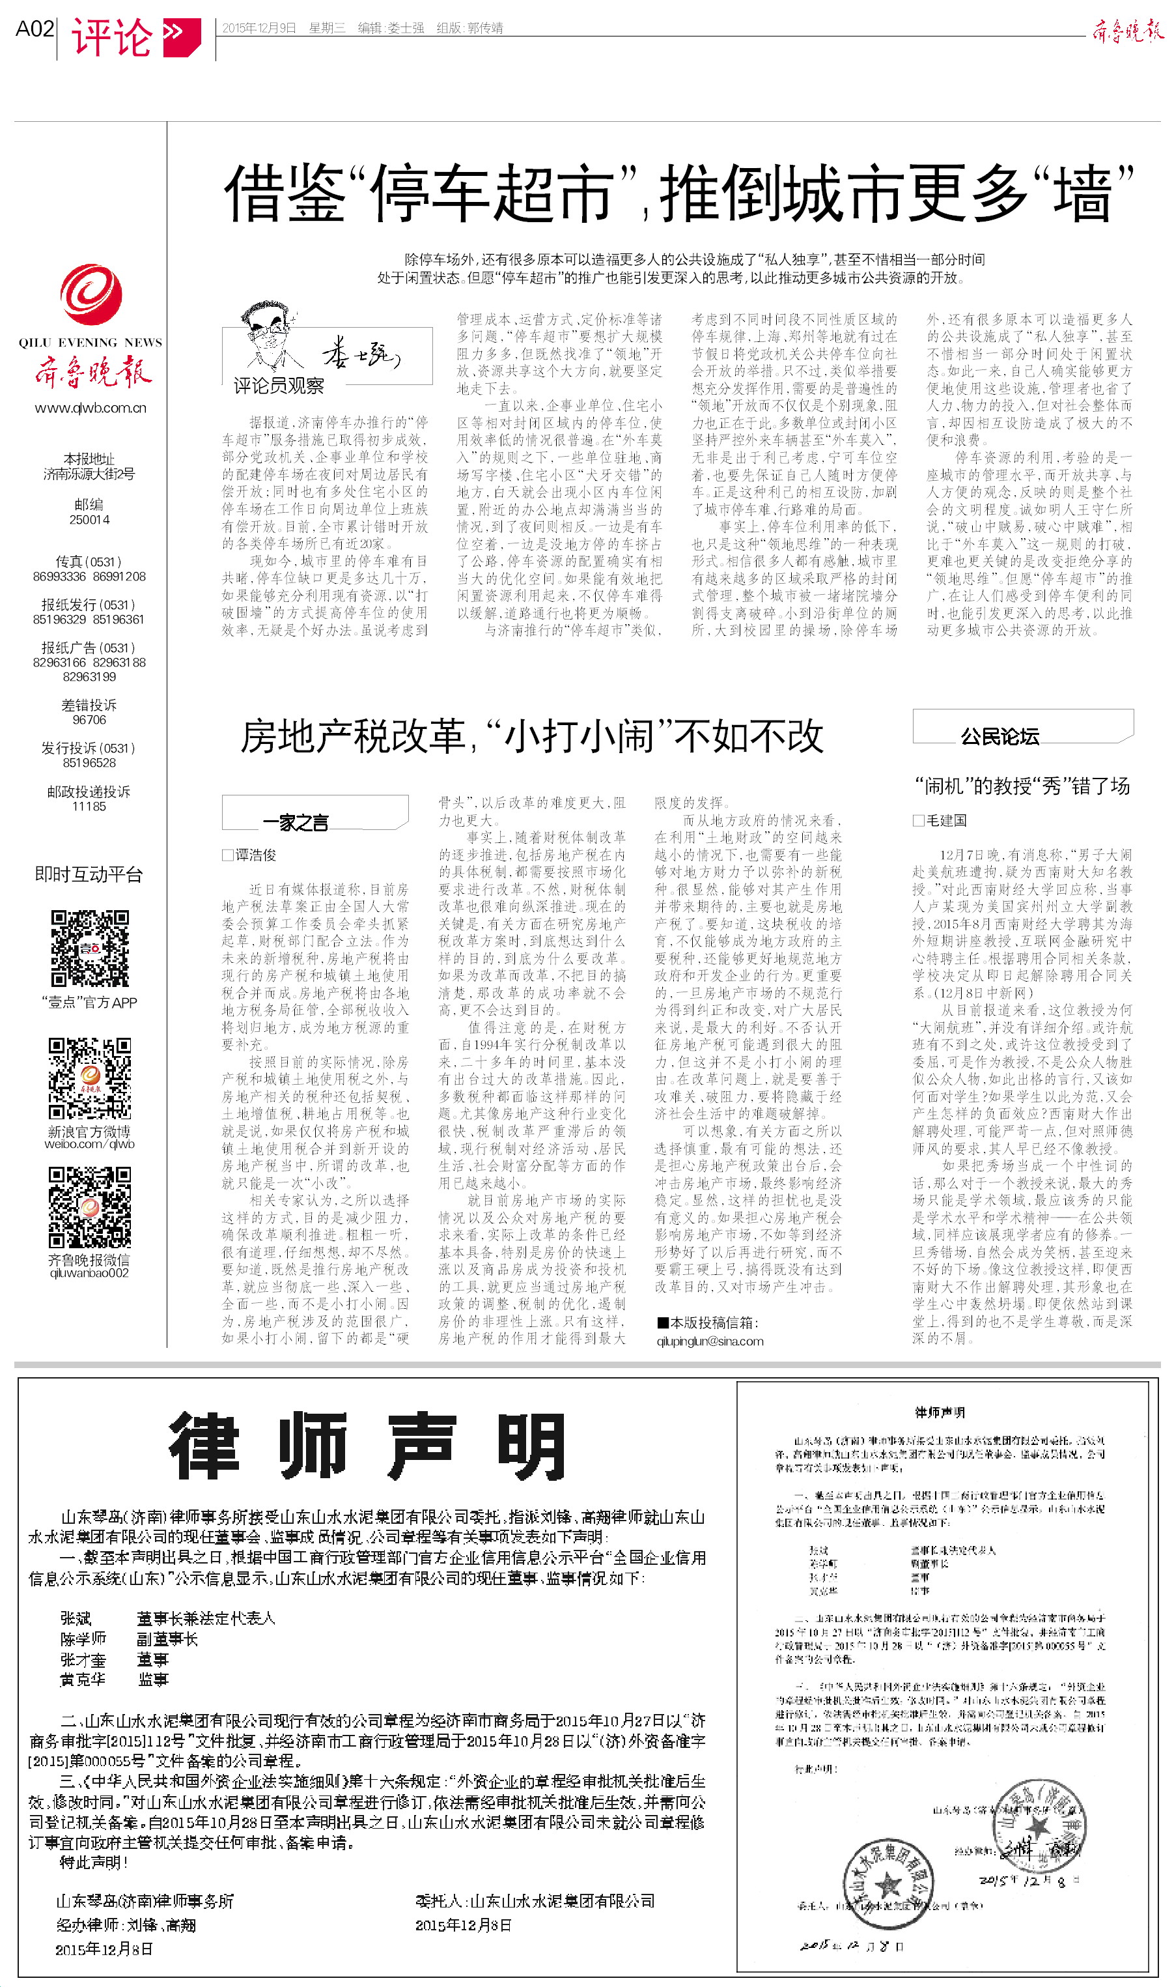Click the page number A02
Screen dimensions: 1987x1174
point(35,29)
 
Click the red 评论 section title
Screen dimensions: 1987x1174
point(111,37)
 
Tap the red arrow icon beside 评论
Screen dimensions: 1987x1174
point(181,36)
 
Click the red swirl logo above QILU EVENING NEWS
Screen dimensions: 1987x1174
point(91,295)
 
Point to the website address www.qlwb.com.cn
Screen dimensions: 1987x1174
point(91,408)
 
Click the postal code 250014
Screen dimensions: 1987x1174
point(89,520)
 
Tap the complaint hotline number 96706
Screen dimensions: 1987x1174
point(89,720)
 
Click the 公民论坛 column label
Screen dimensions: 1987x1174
point(999,737)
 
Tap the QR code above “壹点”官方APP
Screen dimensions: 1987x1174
point(89,948)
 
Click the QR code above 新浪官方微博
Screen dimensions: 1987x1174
point(89,1077)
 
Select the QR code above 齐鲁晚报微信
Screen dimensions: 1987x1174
point(89,1206)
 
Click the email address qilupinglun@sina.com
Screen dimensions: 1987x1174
point(710,1341)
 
